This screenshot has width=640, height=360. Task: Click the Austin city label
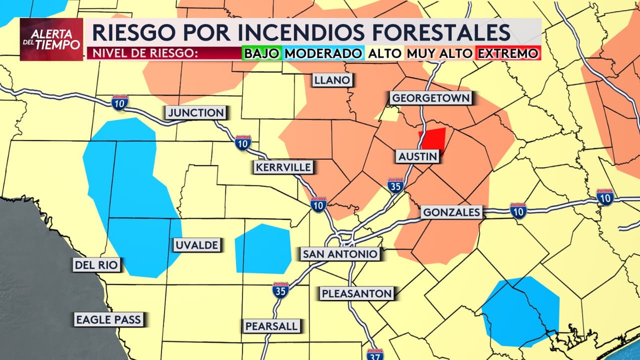tap(418, 156)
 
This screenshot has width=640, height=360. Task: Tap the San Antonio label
tap(339, 254)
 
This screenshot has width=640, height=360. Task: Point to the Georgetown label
tap(431, 98)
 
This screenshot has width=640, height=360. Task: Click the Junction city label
tap(196, 112)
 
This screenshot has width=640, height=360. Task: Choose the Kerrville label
tap(283, 167)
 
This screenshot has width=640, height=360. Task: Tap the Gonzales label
tap(451, 212)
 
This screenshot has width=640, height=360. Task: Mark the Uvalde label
tap(196, 245)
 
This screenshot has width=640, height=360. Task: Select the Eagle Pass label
tap(108, 319)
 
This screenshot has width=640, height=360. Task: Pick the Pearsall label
tap(271, 326)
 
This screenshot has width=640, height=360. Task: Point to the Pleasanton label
tap(357, 293)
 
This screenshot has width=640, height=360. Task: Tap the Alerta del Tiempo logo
tap(51, 39)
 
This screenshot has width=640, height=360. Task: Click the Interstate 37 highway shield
tap(374, 354)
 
